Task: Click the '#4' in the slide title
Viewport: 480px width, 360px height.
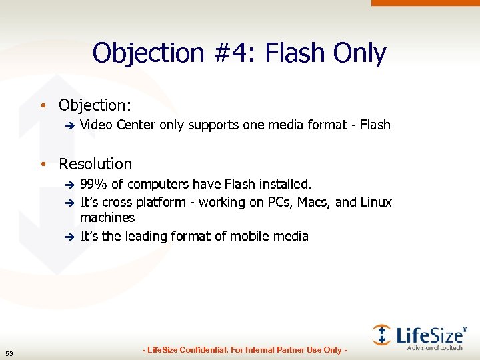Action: click(237, 53)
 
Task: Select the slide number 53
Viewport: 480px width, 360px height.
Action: click(9, 353)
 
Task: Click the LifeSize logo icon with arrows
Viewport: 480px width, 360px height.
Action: click(382, 334)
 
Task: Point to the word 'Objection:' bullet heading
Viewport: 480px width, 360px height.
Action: click(93, 105)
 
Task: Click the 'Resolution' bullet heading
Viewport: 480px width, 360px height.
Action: click(95, 164)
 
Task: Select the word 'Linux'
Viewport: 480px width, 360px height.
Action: click(377, 202)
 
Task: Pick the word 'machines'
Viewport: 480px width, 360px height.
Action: click(107, 218)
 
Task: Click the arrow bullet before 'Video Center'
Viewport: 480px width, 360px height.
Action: click(68, 125)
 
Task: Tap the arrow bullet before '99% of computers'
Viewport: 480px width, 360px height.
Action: click(68, 184)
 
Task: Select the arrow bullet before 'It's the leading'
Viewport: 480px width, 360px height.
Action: click(68, 236)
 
